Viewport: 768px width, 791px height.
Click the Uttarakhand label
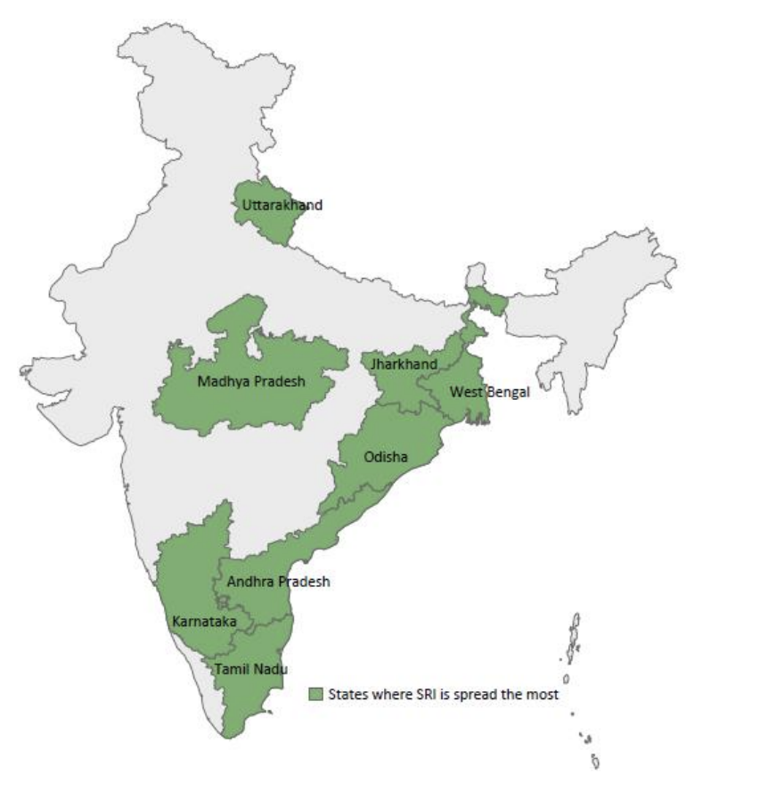(x=282, y=205)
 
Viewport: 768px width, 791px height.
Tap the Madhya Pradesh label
(x=251, y=381)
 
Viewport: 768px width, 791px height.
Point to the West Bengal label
(x=489, y=392)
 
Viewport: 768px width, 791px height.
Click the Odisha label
(x=386, y=458)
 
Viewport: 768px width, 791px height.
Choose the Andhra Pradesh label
(x=278, y=582)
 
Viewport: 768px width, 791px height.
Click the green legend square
(x=315, y=694)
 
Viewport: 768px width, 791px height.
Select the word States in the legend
(x=347, y=694)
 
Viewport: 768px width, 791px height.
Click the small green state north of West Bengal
(x=486, y=303)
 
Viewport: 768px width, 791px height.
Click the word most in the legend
(x=544, y=694)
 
